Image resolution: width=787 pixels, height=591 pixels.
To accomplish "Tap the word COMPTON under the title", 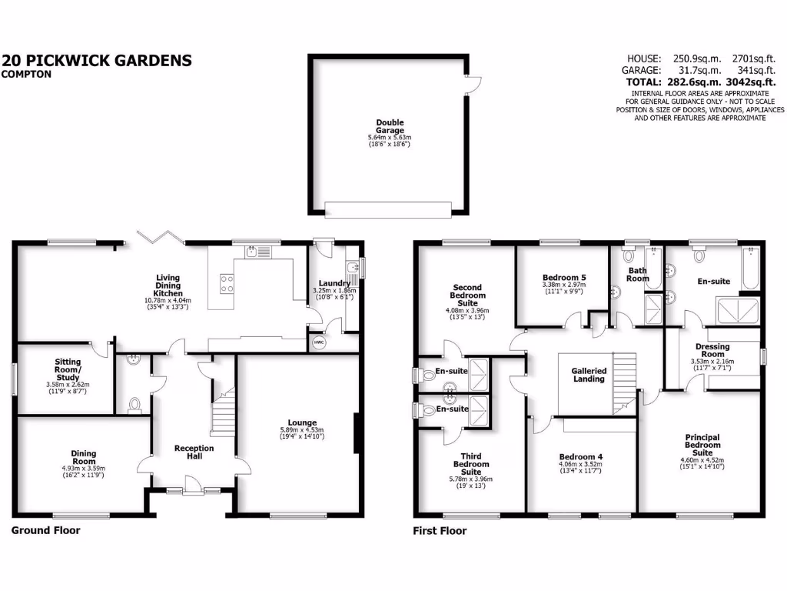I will (x=27, y=75).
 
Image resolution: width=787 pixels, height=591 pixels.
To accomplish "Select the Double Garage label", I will (x=390, y=127).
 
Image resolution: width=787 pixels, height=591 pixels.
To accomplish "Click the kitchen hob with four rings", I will (x=227, y=283).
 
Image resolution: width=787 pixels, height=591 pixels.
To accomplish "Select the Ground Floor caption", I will (x=45, y=530).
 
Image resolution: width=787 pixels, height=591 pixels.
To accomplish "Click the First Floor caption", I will (x=440, y=530).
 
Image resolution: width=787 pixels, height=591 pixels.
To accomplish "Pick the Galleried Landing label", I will (x=589, y=375).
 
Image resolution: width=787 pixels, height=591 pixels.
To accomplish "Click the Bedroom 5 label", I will (x=563, y=277).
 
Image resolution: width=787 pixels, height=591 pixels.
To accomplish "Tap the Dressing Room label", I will (x=712, y=350).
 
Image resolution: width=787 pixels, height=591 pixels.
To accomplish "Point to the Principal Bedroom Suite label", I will (x=702, y=445).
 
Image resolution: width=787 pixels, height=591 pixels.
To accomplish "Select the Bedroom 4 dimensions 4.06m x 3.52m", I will (x=580, y=464).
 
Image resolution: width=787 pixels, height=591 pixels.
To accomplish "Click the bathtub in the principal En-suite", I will (x=750, y=269).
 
